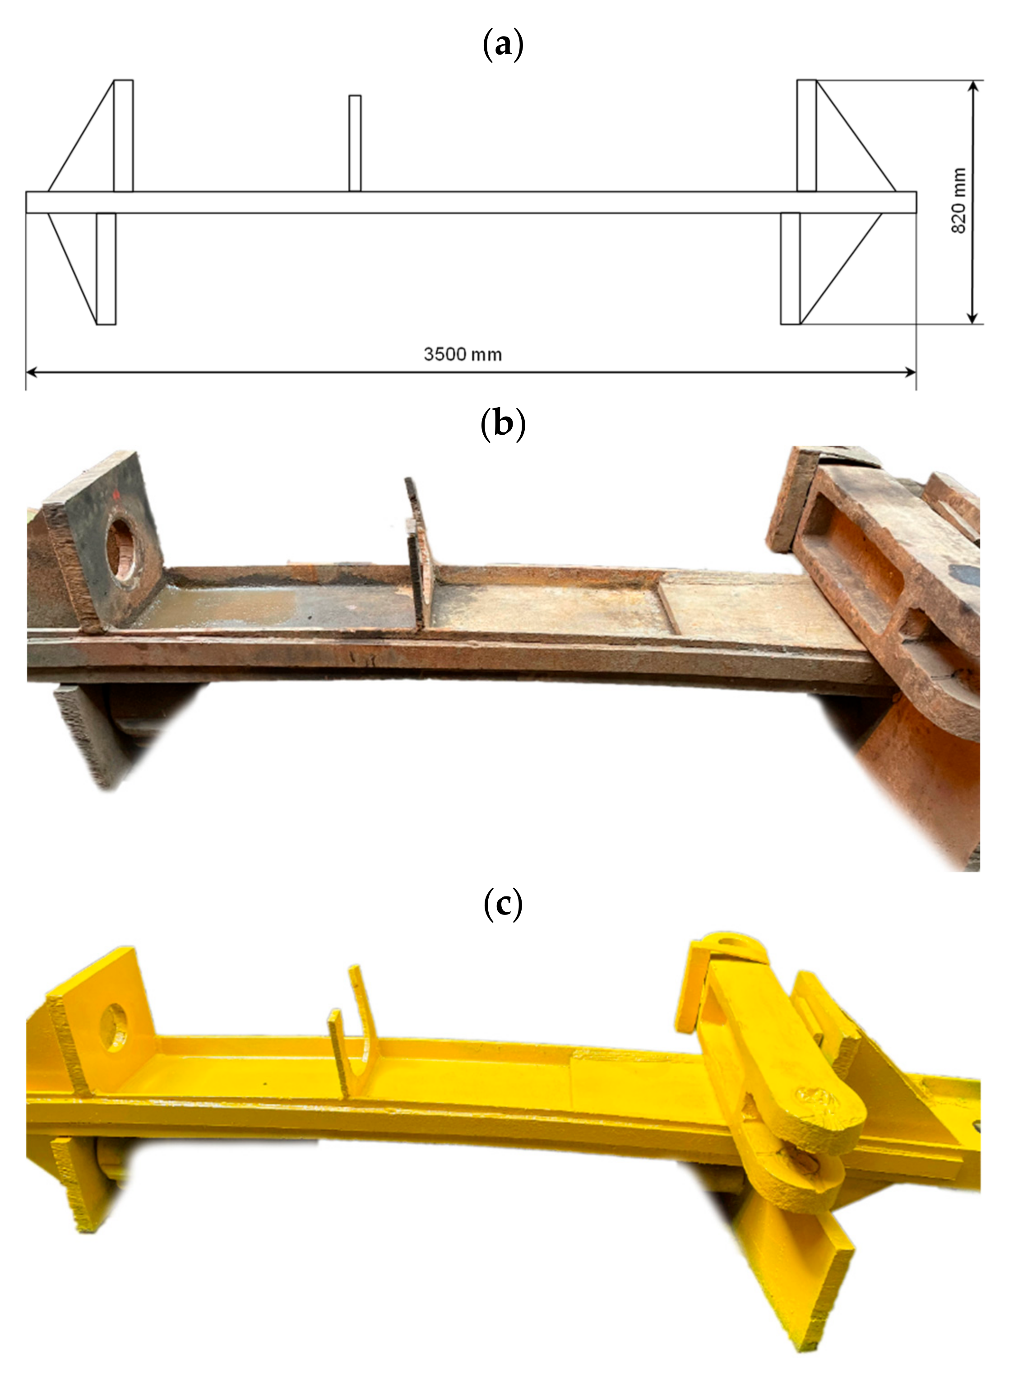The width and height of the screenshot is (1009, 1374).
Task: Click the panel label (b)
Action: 503,423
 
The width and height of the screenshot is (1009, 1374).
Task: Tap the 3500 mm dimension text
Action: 463,354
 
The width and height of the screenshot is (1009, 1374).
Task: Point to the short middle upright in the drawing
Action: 355,143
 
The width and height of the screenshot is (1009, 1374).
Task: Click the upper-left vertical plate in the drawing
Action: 123,135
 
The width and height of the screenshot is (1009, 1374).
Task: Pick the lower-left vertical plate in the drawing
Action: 106,269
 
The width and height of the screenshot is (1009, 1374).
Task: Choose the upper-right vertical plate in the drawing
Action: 806,135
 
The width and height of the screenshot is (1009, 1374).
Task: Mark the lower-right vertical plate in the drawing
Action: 790,269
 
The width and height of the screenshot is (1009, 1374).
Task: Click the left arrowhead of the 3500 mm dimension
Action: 32,371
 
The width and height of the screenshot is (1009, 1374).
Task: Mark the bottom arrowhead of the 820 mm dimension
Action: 973,318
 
